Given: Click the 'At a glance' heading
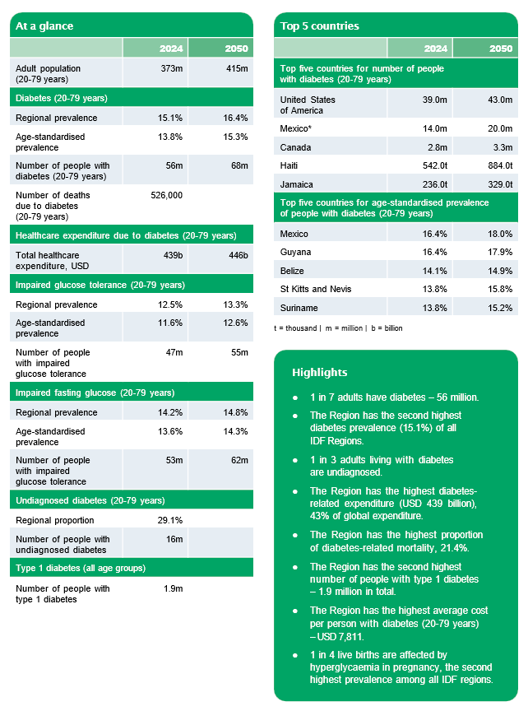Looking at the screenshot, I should click(x=44, y=26).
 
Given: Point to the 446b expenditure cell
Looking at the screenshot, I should click(x=237, y=255).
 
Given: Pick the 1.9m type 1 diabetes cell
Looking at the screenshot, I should click(x=172, y=588).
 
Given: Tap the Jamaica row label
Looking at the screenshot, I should click(x=296, y=184).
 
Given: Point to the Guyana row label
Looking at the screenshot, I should click(x=295, y=252).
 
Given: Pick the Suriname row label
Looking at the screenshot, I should click(x=299, y=308).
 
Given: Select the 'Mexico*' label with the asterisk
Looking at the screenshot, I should click(x=297, y=128).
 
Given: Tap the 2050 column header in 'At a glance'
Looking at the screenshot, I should click(x=236, y=49).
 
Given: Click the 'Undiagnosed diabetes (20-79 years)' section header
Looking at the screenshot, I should click(x=86, y=500).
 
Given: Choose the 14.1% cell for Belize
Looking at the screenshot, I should click(x=434, y=270).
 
